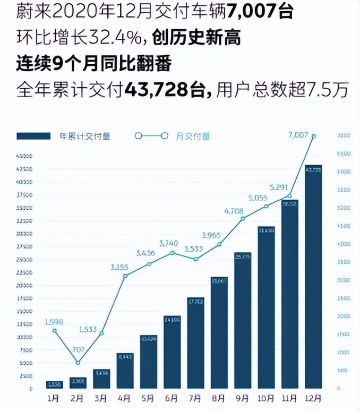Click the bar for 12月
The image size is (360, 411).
313,276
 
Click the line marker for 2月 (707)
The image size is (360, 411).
78,363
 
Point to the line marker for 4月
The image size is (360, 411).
125,276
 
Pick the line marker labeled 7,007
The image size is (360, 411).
314,136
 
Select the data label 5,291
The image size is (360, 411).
279,187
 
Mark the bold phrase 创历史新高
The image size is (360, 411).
196,38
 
